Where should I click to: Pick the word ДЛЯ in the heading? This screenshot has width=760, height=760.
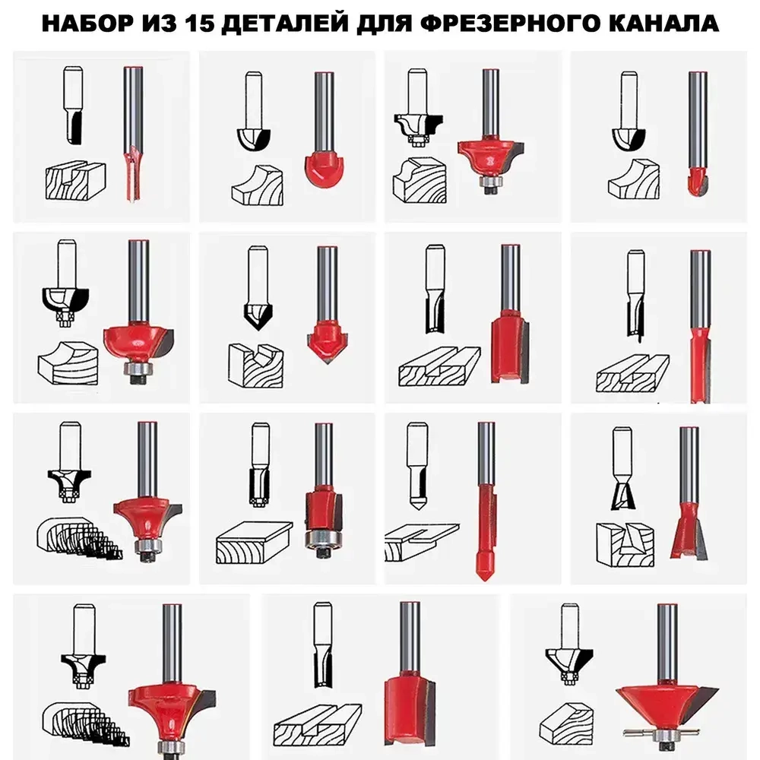386,24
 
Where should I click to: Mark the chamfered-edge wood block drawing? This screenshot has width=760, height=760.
566,724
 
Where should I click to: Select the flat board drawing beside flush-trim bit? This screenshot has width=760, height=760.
254,543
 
